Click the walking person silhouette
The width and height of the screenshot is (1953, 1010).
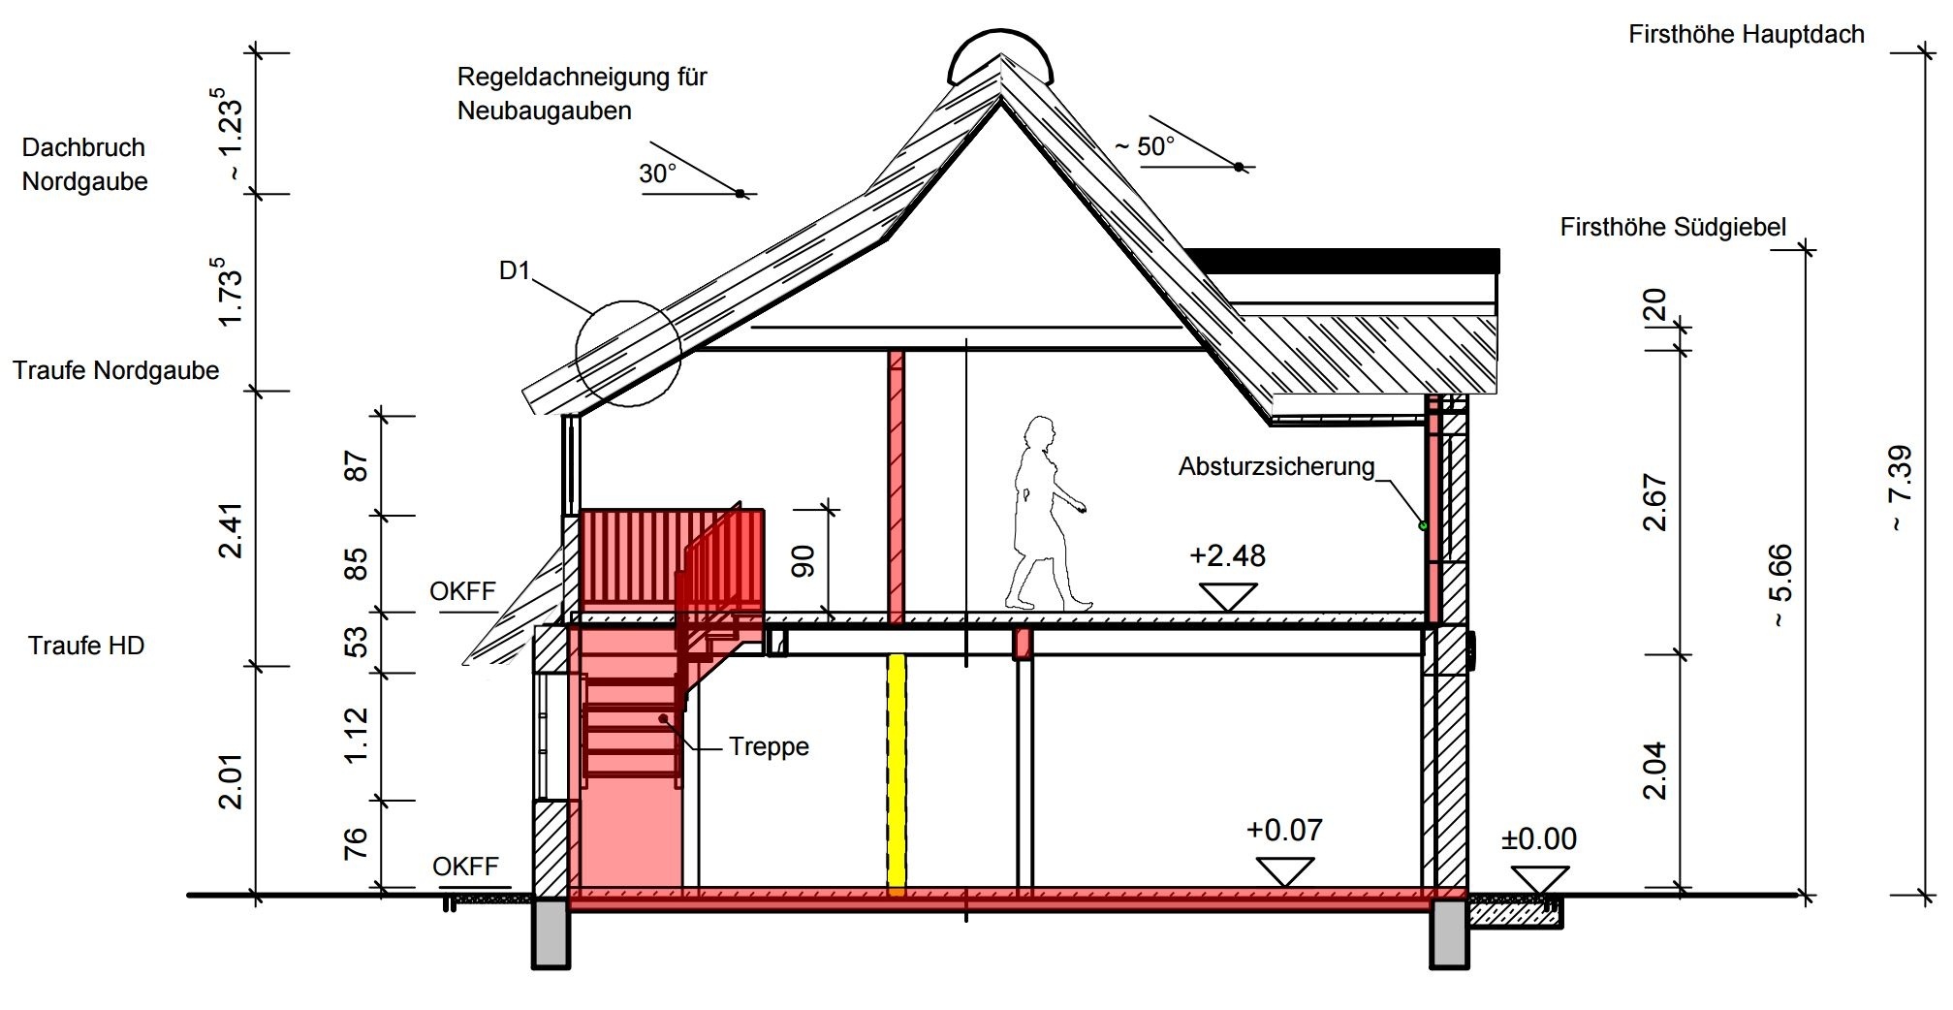pyautogui.click(x=1043, y=514)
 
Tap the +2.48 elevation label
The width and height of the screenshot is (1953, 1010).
pyautogui.click(x=1227, y=555)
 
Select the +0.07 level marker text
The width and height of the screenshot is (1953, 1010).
pyautogui.click(x=1284, y=831)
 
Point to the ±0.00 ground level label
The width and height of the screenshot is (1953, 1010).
pyautogui.click(x=1538, y=838)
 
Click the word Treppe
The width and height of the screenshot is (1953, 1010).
pyautogui.click(x=769, y=747)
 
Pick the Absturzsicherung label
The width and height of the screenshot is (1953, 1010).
pyautogui.click(x=1276, y=467)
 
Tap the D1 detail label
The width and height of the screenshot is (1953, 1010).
pyautogui.click(x=515, y=270)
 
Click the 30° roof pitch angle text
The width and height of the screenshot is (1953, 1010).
pyautogui.click(x=657, y=174)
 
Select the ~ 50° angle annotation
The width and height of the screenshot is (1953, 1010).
pyautogui.click(x=1144, y=146)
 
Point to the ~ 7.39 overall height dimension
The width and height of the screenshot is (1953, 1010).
pyautogui.click(x=1901, y=488)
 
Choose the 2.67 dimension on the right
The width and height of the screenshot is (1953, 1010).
pyautogui.click(x=1655, y=502)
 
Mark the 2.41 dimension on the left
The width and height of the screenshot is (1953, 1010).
pyautogui.click(x=231, y=529)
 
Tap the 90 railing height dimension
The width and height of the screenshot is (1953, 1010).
pyautogui.click(x=803, y=561)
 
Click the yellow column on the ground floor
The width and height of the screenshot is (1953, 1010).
pyautogui.click(x=897, y=771)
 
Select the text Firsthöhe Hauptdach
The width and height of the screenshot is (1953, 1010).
pyautogui.click(x=1746, y=35)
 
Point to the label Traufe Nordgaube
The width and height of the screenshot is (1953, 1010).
pyautogui.click(x=116, y=370)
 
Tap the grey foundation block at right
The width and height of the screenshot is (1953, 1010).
pyautogui.click(x=1449, y=932)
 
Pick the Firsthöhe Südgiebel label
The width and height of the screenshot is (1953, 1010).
pyautogui.click(x=1672, y=228)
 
